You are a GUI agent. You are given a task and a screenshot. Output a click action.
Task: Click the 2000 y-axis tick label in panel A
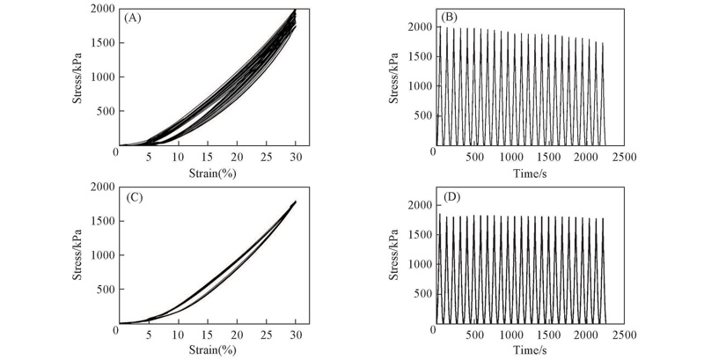point(99,9)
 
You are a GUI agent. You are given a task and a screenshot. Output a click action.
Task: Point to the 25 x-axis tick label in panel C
point(266,335)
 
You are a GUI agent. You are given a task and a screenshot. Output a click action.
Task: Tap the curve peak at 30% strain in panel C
point(295,202)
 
